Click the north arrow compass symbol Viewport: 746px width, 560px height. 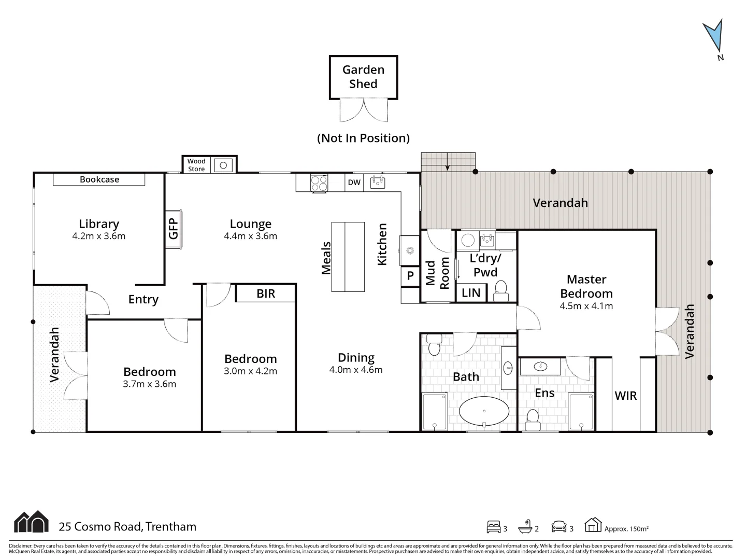point(714,36)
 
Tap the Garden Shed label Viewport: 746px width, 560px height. point(363,77)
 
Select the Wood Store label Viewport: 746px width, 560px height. point(196,165)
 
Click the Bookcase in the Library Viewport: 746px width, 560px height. point(99,179)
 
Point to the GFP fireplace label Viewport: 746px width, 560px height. point(173,229)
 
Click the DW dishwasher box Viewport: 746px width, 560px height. point(354,183)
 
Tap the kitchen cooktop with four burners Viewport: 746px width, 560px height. point(319,183)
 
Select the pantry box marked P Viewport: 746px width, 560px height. point(410,276)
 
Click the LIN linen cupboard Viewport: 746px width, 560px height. point(471,293)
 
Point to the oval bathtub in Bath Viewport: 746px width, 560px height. point(484,411)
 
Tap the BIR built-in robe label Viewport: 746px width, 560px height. point(266,293)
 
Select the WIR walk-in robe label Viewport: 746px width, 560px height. point(625,396)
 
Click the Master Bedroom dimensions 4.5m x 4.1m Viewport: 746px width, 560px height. point(586,306)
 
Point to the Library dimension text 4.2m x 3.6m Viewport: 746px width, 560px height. point(98,236)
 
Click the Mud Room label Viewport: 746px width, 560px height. point(437,273)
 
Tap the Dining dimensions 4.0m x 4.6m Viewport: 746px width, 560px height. point(356,370)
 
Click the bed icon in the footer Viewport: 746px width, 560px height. point(493,527)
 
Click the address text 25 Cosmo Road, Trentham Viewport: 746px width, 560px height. point(127,527)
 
